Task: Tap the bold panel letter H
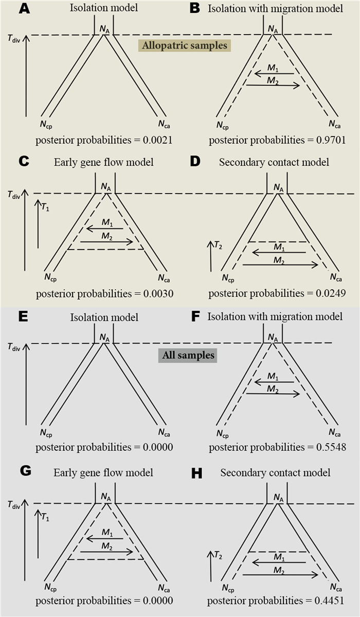(195, 474)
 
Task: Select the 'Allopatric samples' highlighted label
(185, 46)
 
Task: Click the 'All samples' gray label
(190, 356)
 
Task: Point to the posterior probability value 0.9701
(330, 140)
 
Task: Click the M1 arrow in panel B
(274, 73)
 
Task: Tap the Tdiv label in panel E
(14, 347)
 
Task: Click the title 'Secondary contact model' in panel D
(274, 162)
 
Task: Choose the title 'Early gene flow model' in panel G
(103, 472)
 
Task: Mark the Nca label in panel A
(164, 124)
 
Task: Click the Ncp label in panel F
(222, 433)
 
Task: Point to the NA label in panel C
(105, 187)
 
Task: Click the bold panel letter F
(195, 317)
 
